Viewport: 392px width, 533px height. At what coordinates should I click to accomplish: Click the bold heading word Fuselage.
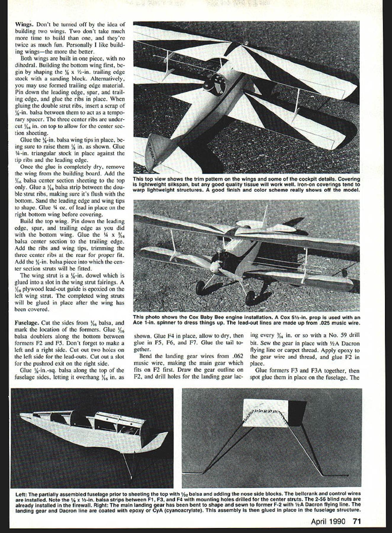click(27, 323)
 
